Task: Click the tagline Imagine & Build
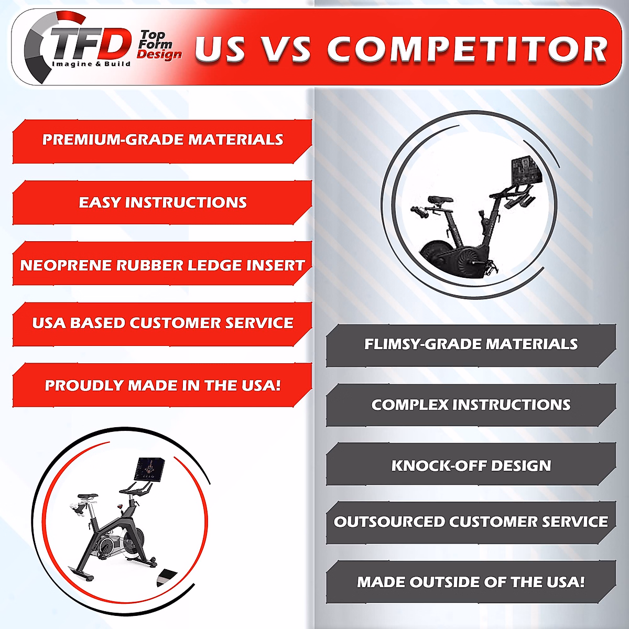[91, 63]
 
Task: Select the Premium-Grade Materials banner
[162, 142]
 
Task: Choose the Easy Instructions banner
[162, 202]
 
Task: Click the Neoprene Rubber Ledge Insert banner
[162, 264]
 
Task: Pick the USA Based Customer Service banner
[162, 324]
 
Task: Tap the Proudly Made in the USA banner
[162, 385]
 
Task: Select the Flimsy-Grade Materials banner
[471, 345]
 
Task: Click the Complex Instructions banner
[471, 405]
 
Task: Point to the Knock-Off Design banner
[471, 464]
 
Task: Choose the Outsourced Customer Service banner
[471, 523]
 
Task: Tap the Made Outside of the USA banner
[471, 582]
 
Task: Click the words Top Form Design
[159, 45]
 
